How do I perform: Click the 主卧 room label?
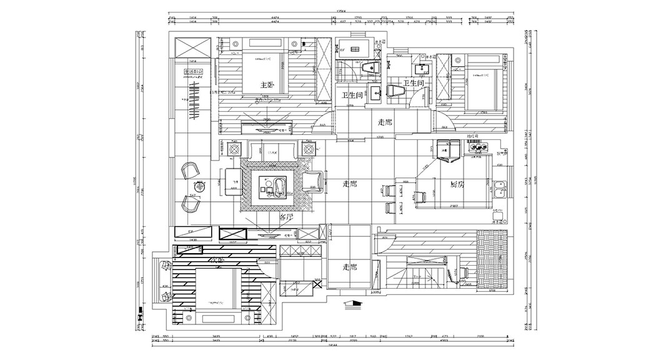(267, 84)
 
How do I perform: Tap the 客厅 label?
(286, 217)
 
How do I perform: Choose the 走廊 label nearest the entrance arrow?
(350, 267)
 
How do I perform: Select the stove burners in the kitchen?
(477, 147)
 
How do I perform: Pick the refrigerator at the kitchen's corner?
(447, 151)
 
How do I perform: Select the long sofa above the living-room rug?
(272, 151)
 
